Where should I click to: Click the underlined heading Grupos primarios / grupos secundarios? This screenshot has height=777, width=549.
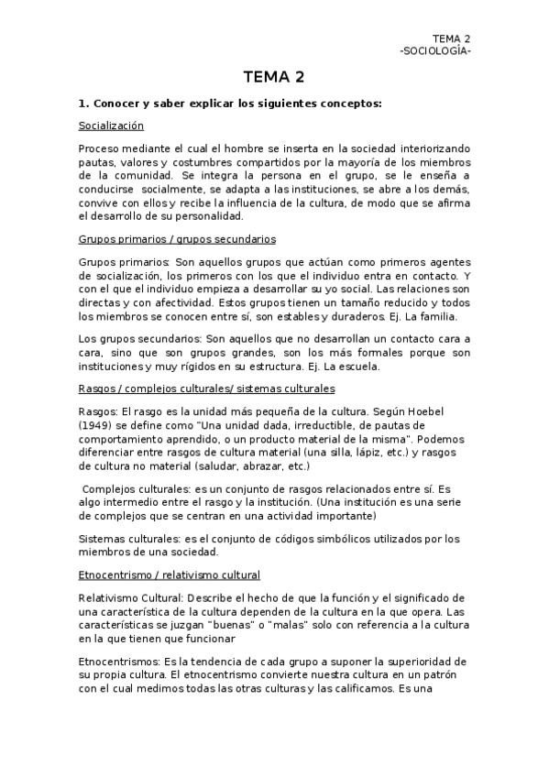[176, 239]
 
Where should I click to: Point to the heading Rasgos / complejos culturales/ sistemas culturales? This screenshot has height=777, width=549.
[206, 388]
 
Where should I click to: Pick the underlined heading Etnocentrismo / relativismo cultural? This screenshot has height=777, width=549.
[170, 575]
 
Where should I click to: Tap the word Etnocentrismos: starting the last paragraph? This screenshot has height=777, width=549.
[121, 661]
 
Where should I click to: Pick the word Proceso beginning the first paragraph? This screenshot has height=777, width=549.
[98, 148]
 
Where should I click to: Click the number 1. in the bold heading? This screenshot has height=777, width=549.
[83, 103]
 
